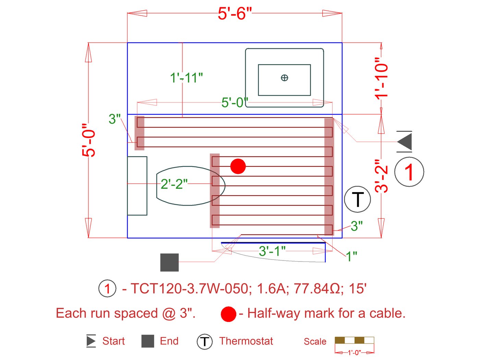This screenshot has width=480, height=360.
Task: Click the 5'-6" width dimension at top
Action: (235, 14)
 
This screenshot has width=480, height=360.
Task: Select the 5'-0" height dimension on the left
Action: (89, 140)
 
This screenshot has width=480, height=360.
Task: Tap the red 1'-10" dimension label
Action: (382, 78)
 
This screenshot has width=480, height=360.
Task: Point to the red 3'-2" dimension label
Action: (382, 176)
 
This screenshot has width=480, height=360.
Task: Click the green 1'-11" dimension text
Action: (187, 78)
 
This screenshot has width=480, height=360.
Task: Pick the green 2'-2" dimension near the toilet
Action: (174, 184)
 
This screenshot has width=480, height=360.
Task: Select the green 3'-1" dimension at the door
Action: (272, 251)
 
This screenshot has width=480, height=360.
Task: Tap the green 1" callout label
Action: (351, 256)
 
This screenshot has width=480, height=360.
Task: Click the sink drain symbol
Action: (284, 78)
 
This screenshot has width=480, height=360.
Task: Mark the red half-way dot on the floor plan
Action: (238, 166)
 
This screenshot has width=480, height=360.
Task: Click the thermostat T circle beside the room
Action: (357, 199)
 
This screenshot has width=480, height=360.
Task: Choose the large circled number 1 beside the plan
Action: (409, 172)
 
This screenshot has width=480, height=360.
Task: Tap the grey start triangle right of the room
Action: (405, 141)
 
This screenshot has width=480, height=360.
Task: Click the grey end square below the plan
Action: (169, 263)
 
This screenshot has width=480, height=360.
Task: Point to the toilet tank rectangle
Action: (137, 186)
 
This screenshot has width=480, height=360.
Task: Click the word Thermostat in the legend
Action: (246, 341)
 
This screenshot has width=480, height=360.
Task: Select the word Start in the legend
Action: (113, 341)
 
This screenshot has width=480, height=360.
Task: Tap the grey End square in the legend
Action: (148, 341)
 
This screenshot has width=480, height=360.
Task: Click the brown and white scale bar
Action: (354, 340)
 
